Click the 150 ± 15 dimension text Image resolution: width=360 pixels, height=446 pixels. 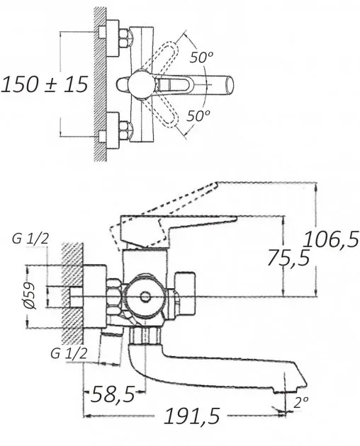pos(45,84)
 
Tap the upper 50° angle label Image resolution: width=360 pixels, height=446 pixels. pos(201,57)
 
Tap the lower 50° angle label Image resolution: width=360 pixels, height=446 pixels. pos(198,115)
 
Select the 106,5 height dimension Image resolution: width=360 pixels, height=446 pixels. pos(331,239)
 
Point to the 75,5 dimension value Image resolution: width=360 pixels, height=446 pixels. pos(288,258)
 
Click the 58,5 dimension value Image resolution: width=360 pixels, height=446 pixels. pos(113,394)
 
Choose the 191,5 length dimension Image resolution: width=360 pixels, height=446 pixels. pos(192,416)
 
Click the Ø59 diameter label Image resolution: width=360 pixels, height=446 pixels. pos(30,296)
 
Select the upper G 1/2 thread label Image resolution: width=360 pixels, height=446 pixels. pos(30,239)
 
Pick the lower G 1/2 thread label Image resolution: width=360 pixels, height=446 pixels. pos(69,353)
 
